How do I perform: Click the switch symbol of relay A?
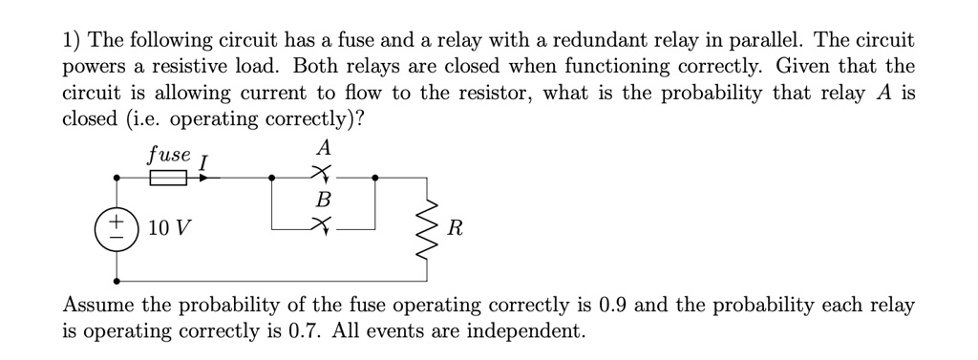coord(325,173)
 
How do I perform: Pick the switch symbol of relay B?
coord(325,225)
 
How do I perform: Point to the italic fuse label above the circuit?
coord(169,153)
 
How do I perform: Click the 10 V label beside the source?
coord(170,229)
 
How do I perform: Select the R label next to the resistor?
coord(456,230)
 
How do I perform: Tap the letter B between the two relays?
coord(324,201)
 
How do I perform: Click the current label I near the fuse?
coord(203,163)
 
